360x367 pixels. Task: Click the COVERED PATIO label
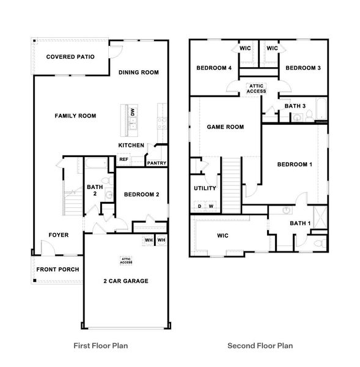(70, 57)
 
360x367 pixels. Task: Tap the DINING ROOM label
(139, 73)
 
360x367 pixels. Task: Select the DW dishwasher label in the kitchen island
(133, 112)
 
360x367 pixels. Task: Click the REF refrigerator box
(123, 160)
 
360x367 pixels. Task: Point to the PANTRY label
(156, 163)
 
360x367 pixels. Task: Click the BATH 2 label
(95, 190)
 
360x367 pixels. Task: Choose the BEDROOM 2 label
(142, 195)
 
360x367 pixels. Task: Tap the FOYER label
(59, 235)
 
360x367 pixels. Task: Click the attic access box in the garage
(126, 261)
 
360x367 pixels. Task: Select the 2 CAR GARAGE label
(126, 281)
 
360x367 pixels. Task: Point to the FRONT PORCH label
(57, 270)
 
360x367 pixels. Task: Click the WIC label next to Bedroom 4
(245, 48)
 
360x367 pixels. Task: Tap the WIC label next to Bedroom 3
(272, 48)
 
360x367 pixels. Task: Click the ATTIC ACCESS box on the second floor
(256, 89)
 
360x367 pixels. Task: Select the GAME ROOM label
(226, 127)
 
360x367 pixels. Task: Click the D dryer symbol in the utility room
(199, 206)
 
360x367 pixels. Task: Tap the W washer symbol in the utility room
(211, 206)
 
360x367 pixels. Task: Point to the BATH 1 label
(300, 223)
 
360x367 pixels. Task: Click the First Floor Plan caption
(101, 346)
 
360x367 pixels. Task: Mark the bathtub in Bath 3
(321, 109)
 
